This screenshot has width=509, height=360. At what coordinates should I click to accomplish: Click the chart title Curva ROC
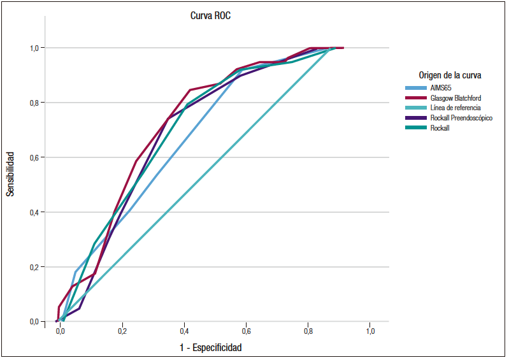(210, 15)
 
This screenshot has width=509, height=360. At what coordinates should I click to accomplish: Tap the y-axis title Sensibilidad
(10, 174)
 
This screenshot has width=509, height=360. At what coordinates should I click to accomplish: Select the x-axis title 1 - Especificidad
(211, 347)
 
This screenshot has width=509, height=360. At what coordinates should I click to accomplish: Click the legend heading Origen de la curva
(450, 75)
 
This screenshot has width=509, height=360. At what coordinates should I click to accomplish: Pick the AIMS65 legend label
(441, 88)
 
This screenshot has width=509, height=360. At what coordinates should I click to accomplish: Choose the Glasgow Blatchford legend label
(455, 97)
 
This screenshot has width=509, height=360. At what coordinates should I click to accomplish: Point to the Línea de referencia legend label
(455, 108)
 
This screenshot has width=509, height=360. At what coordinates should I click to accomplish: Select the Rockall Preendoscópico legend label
(461, 118)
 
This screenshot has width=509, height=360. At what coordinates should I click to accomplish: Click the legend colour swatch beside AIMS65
(416, 88)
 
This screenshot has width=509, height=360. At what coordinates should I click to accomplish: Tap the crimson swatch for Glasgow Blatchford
(416, 98)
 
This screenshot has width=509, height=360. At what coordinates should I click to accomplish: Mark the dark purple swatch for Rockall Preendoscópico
(416, 118)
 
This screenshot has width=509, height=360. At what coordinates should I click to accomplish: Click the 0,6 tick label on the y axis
(34, 158)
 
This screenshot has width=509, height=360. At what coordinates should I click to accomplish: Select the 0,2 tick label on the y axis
(34, 268)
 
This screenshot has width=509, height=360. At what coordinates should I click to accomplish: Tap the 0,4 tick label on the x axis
(184, 331)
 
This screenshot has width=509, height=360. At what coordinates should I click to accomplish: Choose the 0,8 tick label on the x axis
(308, 331)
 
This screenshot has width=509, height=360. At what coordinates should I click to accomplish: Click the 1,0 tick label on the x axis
(370, 331)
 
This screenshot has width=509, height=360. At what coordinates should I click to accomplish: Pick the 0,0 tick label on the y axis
(34, 322)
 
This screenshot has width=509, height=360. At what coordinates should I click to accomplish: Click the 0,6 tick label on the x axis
(246, 331)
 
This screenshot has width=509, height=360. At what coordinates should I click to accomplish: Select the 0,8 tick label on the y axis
(34, 103)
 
